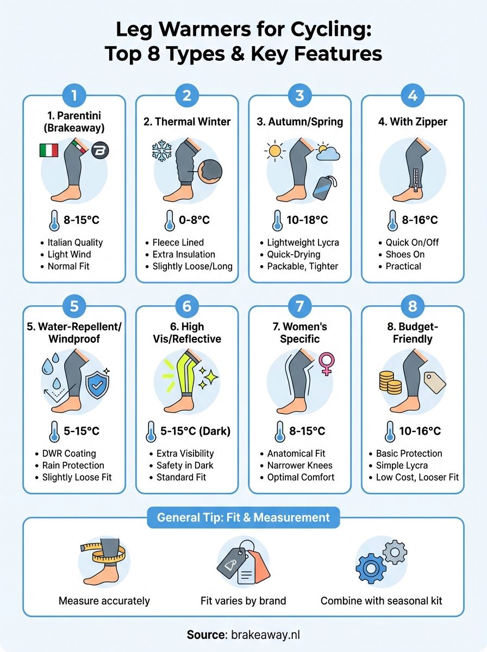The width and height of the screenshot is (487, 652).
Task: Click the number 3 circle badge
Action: point(299,96)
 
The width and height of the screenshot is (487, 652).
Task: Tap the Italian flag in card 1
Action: point(49,150)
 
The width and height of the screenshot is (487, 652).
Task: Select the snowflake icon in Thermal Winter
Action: point(162,151)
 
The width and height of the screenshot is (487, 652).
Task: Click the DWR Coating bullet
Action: point(68,453)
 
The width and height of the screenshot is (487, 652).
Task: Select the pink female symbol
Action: point(327,362)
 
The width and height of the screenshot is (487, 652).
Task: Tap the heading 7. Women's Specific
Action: point(299,333)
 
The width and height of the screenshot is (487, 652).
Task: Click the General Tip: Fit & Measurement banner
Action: point(243,517)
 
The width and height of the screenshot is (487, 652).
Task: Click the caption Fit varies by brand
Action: point(243,601)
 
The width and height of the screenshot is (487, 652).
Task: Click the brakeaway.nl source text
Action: point(265,635)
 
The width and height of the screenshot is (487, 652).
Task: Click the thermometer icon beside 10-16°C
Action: point(389,432)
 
